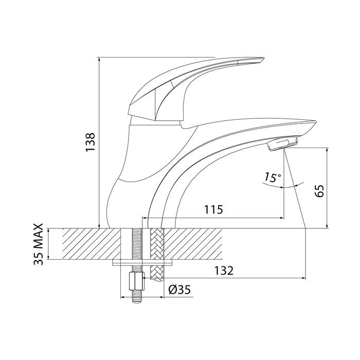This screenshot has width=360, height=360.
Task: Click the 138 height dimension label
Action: [90, 141]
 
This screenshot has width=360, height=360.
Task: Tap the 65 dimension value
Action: [319, 191]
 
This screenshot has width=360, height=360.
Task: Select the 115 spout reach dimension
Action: [214, 209]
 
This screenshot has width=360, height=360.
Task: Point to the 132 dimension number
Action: [224, 271]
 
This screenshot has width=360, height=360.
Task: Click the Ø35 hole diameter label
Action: [179, 290]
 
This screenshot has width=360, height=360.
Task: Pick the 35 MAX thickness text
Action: [39, 244]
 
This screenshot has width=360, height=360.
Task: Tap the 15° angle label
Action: [273, 177]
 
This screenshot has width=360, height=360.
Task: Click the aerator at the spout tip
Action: [283, 144]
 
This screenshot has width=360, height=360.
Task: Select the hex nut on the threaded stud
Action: [137, 281]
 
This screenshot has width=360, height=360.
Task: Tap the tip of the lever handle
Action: [263, 58]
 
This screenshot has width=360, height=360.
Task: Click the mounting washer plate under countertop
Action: [142, 263]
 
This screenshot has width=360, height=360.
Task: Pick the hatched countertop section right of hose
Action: [193, 244]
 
